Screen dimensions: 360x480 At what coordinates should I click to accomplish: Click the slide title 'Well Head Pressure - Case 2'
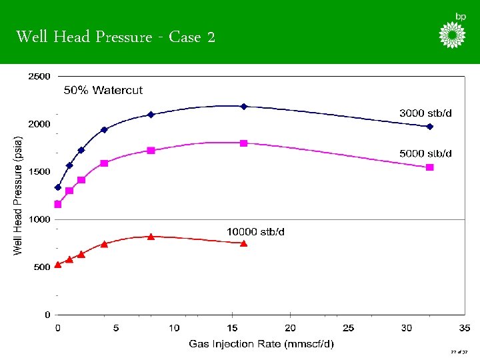pyautogui.click(x=115, y=37)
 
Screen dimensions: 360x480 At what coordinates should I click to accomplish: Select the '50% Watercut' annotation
pyautogui.click(x=103, y=90)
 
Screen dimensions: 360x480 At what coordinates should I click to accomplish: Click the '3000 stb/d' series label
pyautogui.click(x=425, y=113)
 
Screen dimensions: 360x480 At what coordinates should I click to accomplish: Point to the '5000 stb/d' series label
pyautogui.click(x=425, y=153)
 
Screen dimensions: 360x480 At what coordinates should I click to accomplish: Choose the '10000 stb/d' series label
pyautogui.click(x=255, y=231)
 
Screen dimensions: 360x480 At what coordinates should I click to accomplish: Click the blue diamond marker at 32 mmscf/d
pyautogui.click(x=430, y=126)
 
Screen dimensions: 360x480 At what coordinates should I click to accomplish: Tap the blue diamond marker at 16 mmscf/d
pyautogui.click(x=244, y=106)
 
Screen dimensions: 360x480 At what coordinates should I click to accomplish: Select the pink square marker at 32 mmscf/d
pyautogui.click(x=430, y=167)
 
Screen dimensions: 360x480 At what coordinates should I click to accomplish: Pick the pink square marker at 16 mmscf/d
pyautogui.click(x=244, y=143)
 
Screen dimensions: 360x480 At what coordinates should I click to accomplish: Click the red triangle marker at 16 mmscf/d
pyautogui.click(x=244, y=243)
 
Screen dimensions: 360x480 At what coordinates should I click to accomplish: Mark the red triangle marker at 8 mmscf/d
pyautogui.click(x=151, y=236)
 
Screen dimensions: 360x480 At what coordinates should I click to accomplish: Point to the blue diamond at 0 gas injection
pyautogui.click(x=58, y=187)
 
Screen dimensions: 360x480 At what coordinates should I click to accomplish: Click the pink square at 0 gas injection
pyautogui.click(x=58, y=205)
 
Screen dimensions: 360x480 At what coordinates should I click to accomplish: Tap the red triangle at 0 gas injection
pyautogui.click(x=58, y=264)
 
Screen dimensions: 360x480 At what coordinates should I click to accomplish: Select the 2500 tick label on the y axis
pyautogui.click(x=39, y=77)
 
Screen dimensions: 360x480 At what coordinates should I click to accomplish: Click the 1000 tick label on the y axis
pyautogui.click(x=39, y=219)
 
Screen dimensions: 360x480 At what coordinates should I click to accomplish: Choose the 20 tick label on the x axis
pyautogui.click(x=290, y=328)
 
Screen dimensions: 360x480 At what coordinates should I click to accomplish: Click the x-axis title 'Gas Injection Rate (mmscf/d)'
pyautogui.click(x=261, y=344)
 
